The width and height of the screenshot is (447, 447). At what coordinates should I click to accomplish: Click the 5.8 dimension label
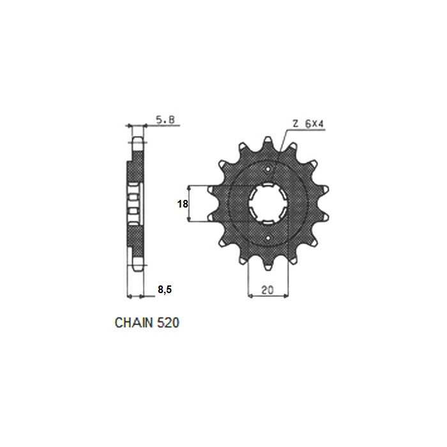tap(165, 120)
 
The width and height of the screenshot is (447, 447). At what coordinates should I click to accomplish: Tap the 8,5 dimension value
tap(165, 290)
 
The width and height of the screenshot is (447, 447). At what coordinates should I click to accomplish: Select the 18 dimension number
tap(183, 204)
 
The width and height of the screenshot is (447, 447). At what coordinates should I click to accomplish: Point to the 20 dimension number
tap(268, 290)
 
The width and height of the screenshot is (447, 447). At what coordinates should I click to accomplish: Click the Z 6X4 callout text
tap(308, 124)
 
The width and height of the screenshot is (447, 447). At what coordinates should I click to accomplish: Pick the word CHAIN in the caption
tap(133, 322)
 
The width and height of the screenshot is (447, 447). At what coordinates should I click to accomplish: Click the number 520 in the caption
tap(168, 322)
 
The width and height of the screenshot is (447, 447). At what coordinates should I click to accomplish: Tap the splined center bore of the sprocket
tap(268, 204)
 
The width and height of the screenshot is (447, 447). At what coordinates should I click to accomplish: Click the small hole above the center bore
tap(268, 169)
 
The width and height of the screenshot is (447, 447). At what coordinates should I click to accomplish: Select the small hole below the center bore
tap(268, 238)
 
